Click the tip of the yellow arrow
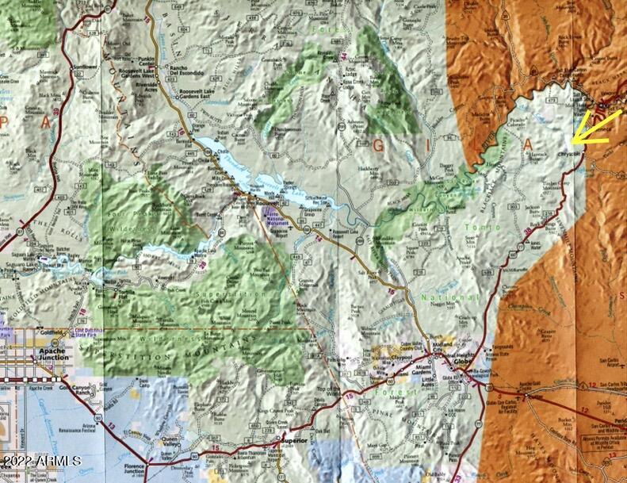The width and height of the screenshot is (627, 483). click(x=573, y=144)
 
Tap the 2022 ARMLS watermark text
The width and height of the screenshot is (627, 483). click(x=40, y=461)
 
